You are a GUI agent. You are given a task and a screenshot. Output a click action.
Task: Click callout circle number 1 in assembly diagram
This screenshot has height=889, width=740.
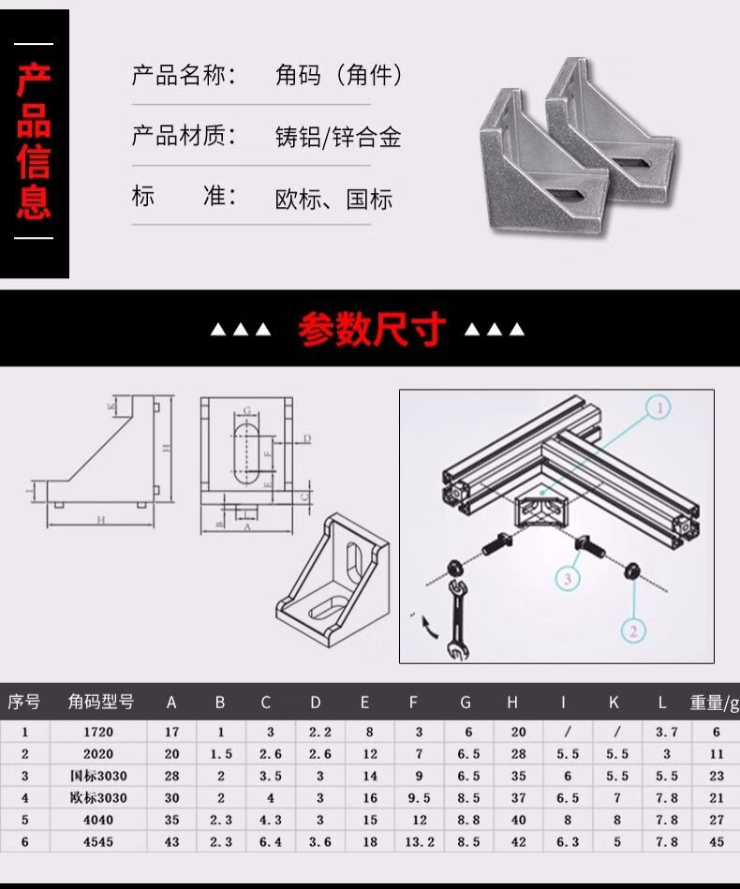coord(658,407)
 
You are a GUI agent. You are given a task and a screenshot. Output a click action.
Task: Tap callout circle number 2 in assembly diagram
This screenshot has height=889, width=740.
coord(633,630)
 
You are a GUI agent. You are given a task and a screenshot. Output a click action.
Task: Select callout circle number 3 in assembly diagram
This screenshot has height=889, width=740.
coord(567,579)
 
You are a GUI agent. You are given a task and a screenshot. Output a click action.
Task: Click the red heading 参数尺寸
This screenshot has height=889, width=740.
coord(372,330)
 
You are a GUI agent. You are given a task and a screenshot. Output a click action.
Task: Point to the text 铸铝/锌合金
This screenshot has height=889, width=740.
coord(338,137)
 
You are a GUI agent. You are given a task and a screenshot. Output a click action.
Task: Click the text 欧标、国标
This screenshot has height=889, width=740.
coord(333,199)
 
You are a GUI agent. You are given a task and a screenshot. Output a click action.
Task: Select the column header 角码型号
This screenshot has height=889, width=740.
coord(100,702)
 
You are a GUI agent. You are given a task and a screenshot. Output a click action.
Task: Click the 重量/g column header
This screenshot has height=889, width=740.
coord(715,703)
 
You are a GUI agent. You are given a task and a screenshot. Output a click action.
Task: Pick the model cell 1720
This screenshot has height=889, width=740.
coord(98,732)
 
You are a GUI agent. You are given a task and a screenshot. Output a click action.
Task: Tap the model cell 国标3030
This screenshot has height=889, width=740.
coord(98,776)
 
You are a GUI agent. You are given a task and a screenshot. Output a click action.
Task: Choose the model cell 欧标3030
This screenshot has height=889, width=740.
coord(98,798)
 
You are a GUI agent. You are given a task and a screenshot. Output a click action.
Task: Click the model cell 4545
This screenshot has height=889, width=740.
coord(98,842)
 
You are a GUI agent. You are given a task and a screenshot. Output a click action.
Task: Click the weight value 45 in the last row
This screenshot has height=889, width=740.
coord(717,842)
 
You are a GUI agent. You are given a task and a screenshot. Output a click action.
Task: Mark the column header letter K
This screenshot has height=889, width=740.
coord(614,703)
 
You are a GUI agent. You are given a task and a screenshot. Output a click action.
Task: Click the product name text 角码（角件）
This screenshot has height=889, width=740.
coord(339,75)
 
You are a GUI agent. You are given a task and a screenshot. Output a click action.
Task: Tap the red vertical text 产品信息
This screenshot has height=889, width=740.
coord(34,142)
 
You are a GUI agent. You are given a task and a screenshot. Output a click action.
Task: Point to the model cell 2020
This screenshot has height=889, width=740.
coord(98,753)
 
